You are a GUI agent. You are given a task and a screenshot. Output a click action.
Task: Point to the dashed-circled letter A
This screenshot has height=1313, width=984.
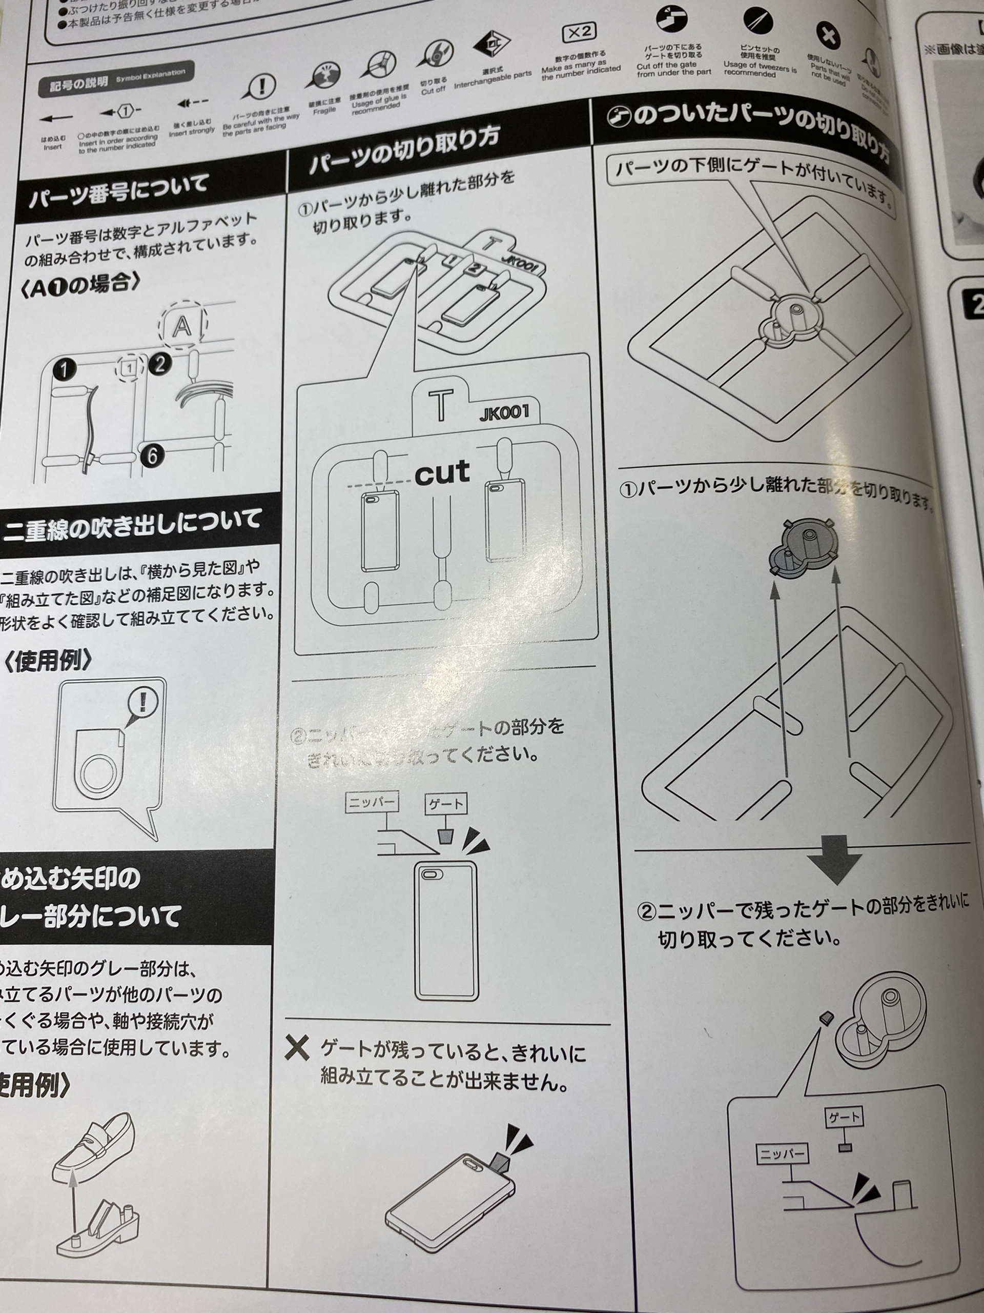tap(182, 325)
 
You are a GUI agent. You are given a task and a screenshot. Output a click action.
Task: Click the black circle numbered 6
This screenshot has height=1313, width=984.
tap(152, 455)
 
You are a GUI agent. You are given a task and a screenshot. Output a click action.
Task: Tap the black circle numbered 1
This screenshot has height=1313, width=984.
tap(64, 369)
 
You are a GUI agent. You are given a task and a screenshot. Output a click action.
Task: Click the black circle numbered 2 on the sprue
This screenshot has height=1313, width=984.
tap(159, 363)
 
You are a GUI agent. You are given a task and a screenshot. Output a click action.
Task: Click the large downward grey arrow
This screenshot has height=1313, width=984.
tap(833, 860)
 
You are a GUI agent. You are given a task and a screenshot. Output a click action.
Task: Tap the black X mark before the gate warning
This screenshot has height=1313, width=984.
tap(296, 1048)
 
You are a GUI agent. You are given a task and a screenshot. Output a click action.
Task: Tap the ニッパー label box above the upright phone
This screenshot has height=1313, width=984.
tap(371, 803)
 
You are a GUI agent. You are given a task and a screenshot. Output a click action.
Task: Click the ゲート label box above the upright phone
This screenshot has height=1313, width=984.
tap(445, 804)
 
